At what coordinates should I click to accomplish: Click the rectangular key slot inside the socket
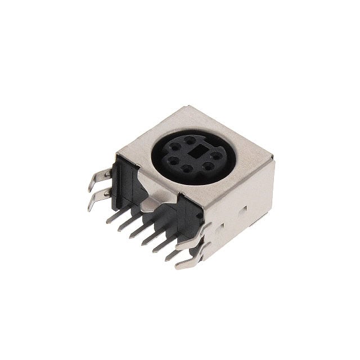pyautogui.click(x=197, y=151)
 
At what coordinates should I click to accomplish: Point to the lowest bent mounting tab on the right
pyautogui.click(x=189, y=260)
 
